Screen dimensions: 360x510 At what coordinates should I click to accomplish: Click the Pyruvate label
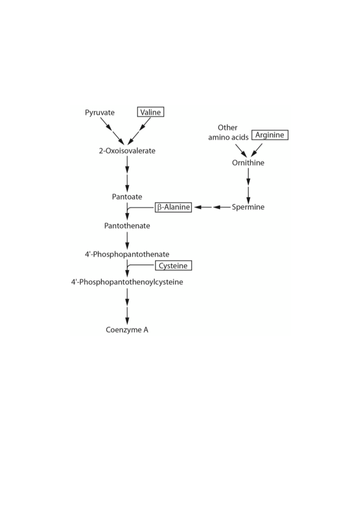tap(99, 113)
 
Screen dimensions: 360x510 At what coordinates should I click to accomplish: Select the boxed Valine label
tap(151, 112)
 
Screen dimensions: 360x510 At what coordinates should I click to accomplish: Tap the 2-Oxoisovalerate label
tap(127, 151)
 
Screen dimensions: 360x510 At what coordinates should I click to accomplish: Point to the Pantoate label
tap(127, 197)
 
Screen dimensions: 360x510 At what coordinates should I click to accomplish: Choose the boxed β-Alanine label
tap(173, 207)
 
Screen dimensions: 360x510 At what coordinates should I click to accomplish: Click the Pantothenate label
tap(127, 226)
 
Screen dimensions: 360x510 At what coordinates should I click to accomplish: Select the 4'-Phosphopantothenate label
tap(127, 254)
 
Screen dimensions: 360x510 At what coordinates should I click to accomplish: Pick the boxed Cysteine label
tap(173, 266)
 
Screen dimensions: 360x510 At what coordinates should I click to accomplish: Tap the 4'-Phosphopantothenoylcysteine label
tap(127, 282)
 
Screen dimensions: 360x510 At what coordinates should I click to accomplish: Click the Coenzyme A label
tap(127, 330)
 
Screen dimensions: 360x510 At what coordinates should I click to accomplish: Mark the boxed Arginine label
tap(270, 135)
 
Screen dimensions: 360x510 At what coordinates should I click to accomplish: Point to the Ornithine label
tap(248, 163)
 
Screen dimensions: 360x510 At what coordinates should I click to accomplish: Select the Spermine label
tap(248, 207)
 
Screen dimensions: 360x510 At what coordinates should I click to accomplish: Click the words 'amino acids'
tap(228, 137)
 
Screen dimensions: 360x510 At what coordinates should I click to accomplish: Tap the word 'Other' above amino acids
tap(227, 128)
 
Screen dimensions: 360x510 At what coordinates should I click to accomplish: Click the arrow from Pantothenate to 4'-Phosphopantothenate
tap(127, 241)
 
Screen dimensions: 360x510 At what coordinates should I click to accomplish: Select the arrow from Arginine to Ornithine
tap(256, 150)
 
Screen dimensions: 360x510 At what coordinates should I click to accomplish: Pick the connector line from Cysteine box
tap(140, 265)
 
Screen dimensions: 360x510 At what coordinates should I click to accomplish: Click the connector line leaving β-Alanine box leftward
tap(140, 207)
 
